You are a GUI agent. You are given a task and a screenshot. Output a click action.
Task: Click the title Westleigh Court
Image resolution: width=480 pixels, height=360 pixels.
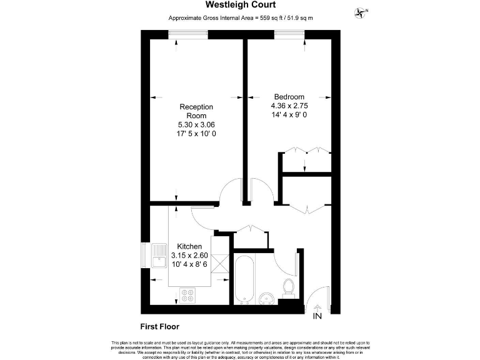tap(241, 6)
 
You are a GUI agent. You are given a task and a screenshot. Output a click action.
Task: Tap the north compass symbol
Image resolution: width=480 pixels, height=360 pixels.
tap(361, 11)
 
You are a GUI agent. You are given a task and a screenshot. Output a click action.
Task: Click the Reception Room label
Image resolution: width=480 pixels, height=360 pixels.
tap(197, 111)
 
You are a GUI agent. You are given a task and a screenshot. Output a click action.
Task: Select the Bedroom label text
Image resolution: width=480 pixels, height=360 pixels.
tap(289, 97)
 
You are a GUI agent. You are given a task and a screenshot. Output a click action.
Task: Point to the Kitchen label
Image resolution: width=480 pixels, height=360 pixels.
tap(189, 246)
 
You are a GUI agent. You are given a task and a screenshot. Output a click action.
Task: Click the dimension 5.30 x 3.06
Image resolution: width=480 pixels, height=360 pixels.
tap(197, 125)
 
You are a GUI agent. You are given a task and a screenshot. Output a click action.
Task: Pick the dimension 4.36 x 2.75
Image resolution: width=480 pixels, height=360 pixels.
tap(289, 106)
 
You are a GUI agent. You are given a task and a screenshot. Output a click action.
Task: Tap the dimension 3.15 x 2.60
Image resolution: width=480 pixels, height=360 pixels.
tap(189, 255)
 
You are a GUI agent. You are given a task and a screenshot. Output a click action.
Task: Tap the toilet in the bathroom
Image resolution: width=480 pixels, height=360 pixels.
tap(289, 287)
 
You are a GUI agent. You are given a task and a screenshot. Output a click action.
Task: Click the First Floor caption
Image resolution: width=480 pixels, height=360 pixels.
tap(160, 326)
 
